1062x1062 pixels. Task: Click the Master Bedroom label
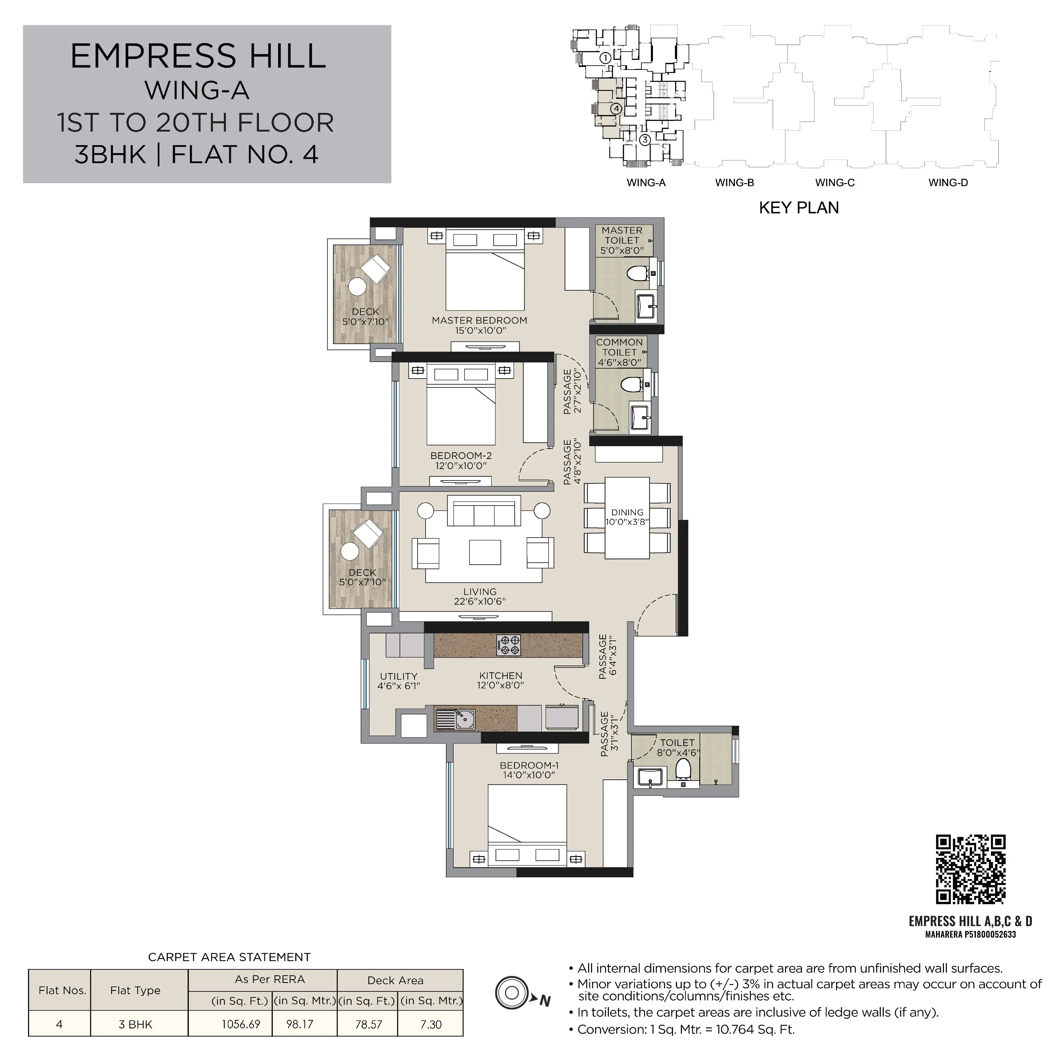point(479,325)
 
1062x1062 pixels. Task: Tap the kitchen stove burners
point(508,645)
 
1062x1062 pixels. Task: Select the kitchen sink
point(456,718)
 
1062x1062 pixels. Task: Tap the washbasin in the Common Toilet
point(640,417)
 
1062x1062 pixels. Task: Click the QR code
point(971,869)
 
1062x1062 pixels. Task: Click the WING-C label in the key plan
point(835,183)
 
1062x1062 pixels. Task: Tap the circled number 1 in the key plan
point(605,57)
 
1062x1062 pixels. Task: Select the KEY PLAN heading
point(799,208)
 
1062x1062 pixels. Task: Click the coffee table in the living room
point(485,552)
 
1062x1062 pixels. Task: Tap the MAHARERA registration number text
point(971,934)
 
